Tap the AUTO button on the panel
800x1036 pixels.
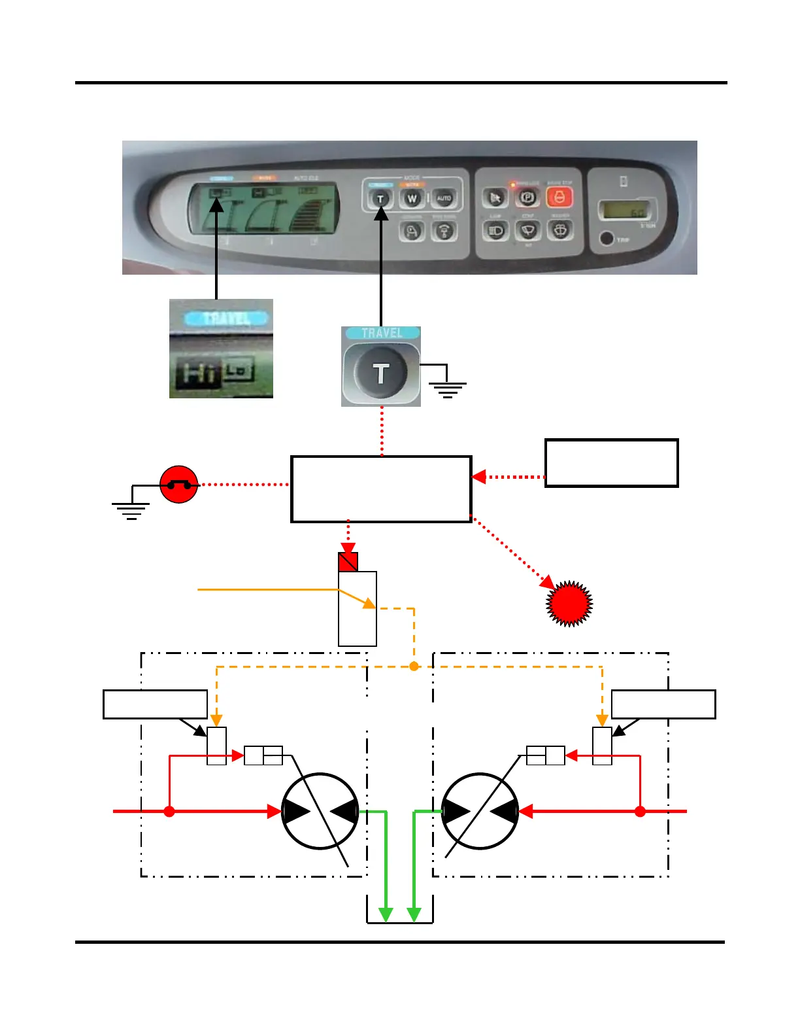pyautogui.click(x=444, y=198)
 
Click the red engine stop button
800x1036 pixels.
pyautogui.click(x=559, y=196)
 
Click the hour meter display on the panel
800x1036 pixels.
pyautogui.click(x=623, y=211)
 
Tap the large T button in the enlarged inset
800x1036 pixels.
pyautogui.click(x=380, y=373)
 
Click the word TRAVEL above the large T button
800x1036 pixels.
pyautogui.click(x=381, y=333)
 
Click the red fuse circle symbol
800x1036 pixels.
pyautogui.click(x=178, y=485)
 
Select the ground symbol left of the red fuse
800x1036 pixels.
pyautogui.click(x=131, y=509)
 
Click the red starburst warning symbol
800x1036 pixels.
pyautogui.click(x=569, y=603)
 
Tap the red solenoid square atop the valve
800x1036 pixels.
pyautogui.click(x=348, y=562)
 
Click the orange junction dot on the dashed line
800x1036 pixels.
pyautogui.click(x=414, y=666)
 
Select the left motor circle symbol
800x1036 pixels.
pyautogui.click(x=320, y=811)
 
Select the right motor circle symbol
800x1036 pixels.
pyautogui.click(x=480, y=811)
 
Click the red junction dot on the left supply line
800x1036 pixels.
pyautogui.click(x=169, y=812)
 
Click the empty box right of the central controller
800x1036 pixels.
pyautogui.click(x=611, y=463)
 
